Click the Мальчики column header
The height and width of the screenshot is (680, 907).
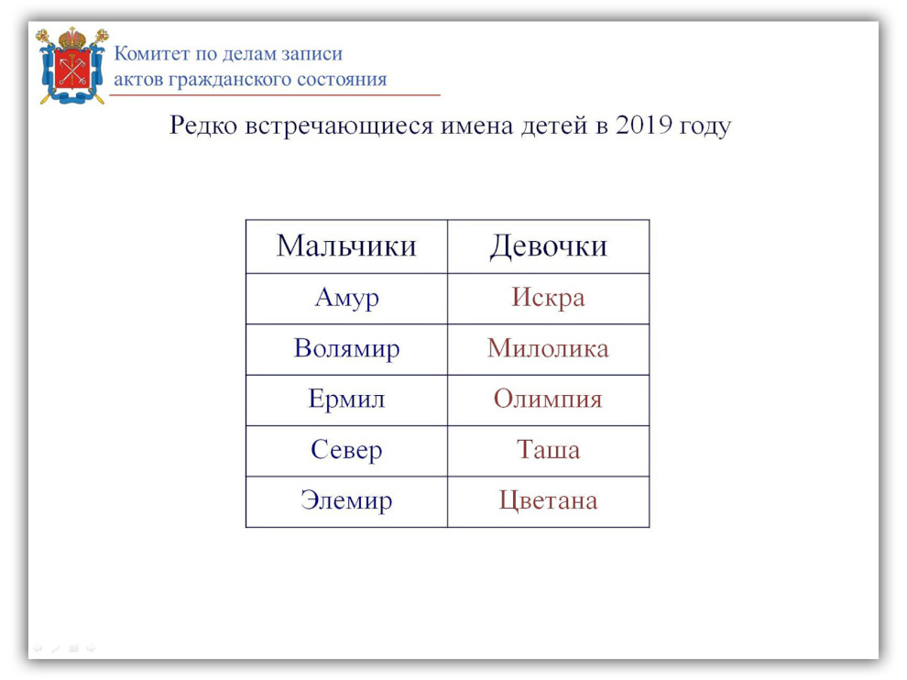coord(346,246)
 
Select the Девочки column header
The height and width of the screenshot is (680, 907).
coord(549,247)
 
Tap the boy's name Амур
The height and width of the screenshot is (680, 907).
coord(346,299)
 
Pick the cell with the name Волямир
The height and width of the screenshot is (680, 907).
coord(346,349)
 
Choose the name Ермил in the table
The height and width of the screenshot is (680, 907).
coord(346,400)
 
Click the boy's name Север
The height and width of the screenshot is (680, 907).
coord(346,450)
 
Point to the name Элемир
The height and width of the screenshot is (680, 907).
coord(346,500)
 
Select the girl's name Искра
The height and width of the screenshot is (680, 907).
coord(549,298)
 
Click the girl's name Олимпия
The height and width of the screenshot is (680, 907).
coord(549,399)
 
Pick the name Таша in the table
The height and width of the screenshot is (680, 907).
coord(549,450)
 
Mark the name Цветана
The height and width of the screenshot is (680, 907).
coord(549,500)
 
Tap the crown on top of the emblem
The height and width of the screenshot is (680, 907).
coord(72,38)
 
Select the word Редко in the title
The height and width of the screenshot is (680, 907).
coord(203,125)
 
